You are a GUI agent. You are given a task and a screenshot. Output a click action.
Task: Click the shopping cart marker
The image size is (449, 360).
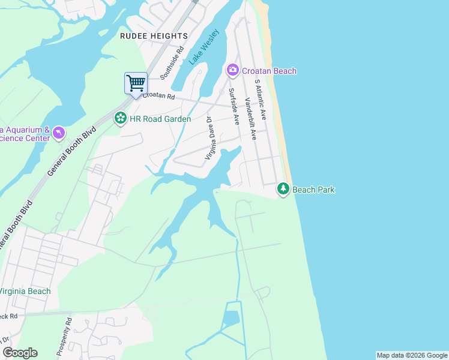(136, 83)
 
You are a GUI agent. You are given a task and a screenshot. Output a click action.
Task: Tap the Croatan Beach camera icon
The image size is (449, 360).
(232, 71)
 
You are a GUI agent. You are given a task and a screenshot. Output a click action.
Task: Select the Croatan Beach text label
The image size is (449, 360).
(269, 71)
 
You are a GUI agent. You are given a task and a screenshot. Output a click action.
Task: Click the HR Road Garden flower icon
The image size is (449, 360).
(121, 118)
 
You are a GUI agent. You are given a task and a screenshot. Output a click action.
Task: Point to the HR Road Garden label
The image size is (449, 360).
(160, 119)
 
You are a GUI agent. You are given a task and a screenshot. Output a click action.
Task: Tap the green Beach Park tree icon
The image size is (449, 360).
(283, 190)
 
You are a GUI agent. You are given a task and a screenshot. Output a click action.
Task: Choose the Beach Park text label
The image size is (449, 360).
(313, 190)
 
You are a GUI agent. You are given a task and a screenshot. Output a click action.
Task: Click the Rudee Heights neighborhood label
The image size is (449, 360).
(154, 36)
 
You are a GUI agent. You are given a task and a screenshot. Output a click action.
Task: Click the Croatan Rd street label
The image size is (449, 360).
(158, 96)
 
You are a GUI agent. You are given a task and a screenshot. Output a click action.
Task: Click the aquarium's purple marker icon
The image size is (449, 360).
(58, 131)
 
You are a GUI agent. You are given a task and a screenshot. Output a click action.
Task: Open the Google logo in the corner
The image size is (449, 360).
(20, 353)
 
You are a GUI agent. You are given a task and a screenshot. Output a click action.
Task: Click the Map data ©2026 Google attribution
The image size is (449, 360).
(412, 355)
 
